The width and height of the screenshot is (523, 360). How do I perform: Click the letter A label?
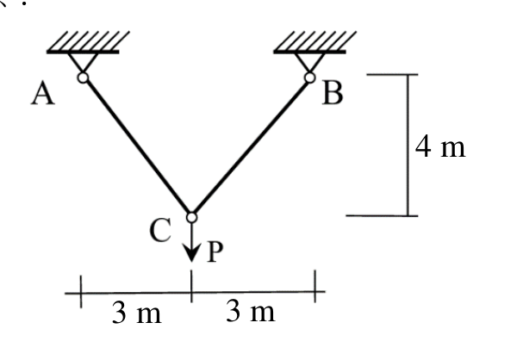tap(43, 94)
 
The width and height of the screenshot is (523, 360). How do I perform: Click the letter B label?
tap(333, 93)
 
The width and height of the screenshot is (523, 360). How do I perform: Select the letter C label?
tap(161, 230)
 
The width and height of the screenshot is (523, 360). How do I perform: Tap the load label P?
tap(215, 251)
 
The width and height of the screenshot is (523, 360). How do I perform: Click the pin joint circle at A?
tap(83, 78)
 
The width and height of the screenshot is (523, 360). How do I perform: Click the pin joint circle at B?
tap(310, 78)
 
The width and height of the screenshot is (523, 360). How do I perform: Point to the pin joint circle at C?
tap(191, 217)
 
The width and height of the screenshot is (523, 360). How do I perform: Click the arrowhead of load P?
tap(191, 253)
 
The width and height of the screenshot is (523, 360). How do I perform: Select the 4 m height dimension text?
tap(440, 147)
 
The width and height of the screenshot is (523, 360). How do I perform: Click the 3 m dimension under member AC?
tap(137, 313)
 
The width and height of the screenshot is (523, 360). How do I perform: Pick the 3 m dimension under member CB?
tap(251, 311)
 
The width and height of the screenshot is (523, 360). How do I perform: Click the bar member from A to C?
tap(137, 147)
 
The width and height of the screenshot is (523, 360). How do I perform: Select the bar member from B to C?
tap(251, 147)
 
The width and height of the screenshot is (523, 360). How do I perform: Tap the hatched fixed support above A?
tap(88, 42)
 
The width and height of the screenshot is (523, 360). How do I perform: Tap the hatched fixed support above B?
tap(314, 42)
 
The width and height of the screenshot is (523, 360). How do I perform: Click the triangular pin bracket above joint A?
tap(83, 62)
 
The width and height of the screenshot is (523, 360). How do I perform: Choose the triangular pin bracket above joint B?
tap(310, 62)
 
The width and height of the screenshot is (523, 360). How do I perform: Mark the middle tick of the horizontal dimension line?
tap(191, 286)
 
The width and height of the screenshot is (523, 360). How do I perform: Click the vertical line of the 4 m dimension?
tap(408, 146)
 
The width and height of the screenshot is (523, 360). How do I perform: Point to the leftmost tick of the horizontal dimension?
tap(81, 291)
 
